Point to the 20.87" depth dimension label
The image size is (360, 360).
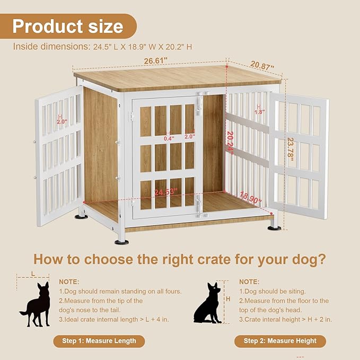(x=262, y=66)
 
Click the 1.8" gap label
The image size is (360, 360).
(x=259, y=112)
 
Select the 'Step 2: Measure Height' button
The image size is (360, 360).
(x=280, y=341)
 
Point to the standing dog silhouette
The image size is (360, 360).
(x=36, y=304)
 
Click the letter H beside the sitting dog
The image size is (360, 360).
(x=228, y=299)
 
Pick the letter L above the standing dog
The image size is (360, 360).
(x=33, y=273)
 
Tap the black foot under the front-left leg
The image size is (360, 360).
(x=121, y=242)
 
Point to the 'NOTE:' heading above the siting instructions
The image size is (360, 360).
(x=249, y=282)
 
